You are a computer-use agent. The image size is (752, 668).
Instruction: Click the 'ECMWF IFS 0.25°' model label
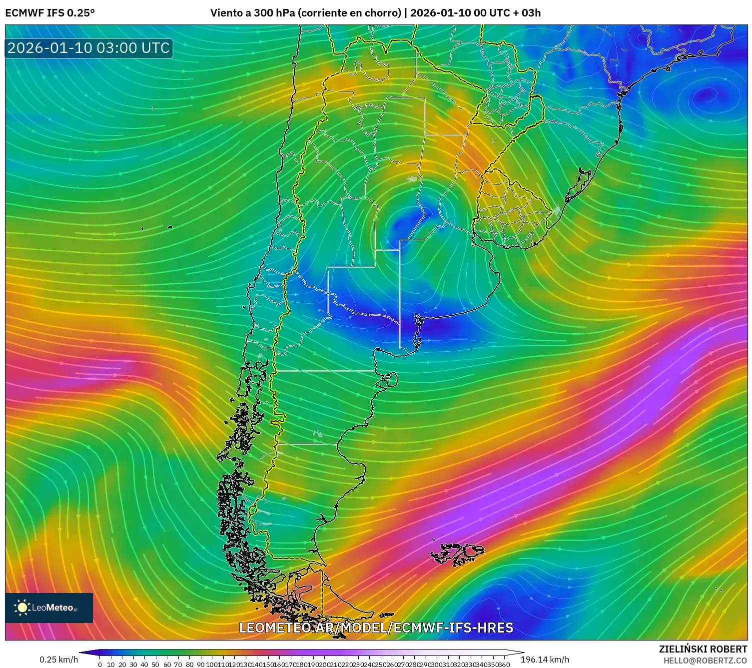(50, 13)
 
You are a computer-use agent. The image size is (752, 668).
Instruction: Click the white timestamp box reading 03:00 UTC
(88, 48)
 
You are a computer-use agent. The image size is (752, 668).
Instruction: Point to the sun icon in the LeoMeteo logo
(22, 608)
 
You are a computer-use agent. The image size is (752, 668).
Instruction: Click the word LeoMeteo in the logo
(53, 608)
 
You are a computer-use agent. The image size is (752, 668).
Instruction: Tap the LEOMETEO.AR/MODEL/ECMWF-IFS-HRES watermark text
(376, 628)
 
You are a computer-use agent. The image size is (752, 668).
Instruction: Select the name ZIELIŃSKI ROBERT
(703, 649)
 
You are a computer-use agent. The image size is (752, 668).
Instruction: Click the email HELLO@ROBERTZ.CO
(705, 661)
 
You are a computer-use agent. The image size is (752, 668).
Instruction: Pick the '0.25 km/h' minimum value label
(58, 660)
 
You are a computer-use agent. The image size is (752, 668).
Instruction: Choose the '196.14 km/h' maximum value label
(545, 660)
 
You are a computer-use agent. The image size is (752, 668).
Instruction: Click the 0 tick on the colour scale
(100, 665)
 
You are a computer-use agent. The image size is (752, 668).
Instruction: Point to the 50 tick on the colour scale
(155, 665)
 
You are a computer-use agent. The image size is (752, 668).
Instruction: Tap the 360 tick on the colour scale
(504, 665)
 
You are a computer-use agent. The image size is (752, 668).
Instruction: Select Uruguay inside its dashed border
(510, 210)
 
